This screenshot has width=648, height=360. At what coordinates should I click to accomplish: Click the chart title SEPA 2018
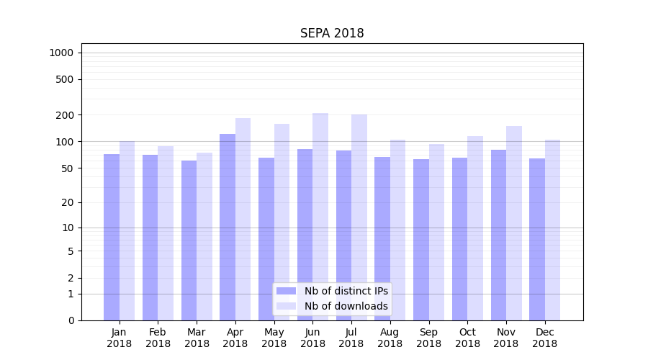(332, 34)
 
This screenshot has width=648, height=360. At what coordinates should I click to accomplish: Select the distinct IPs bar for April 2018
(228, 227)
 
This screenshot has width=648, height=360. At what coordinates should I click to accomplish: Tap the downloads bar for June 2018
(320, 216)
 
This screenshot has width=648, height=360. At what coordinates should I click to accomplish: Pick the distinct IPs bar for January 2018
(112, 237)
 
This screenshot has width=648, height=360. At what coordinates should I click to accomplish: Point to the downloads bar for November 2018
(514, 223)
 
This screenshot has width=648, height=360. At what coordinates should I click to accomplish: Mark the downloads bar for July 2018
(359, 217)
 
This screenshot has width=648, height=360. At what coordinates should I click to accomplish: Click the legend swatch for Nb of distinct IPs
(286, 291)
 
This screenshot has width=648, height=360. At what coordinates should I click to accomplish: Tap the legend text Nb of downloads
(346, 306)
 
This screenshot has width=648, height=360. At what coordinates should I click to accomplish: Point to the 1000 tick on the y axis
(61, 53)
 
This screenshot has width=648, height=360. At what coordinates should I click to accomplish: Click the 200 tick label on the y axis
(66, 115)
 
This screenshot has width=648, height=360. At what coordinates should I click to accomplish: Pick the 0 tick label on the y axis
(71, 320)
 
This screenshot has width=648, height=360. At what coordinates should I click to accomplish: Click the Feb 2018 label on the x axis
(158, 338)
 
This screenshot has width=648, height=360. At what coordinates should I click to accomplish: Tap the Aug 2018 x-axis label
(390, 338)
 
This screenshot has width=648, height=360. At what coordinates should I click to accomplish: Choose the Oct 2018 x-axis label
(467, 338)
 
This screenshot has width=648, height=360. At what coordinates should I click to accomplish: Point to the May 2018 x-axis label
(274, 338)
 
